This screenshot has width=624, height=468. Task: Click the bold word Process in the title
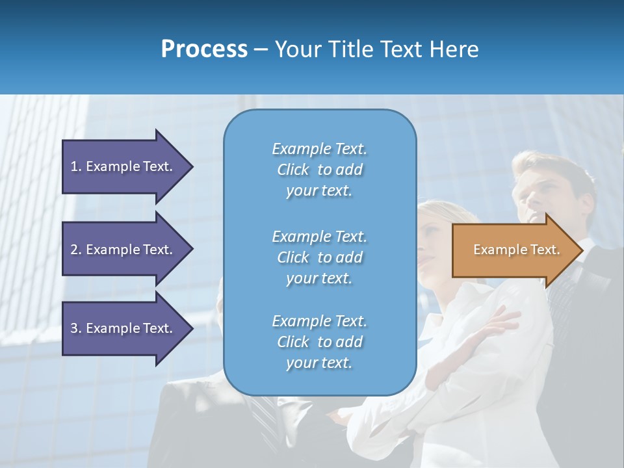point(204,49)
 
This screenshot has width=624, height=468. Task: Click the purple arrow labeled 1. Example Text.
point(123,166)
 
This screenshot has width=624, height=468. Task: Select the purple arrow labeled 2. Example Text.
point(123,250)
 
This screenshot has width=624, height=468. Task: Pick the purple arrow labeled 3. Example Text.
point(123,328)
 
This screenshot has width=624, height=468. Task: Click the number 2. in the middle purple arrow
point(76,250)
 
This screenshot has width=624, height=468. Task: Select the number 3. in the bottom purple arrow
point(76,328)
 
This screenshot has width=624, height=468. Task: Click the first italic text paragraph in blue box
point(319,170)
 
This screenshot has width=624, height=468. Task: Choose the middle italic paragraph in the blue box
point(319,257)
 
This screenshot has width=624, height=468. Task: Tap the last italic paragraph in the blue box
point(319,342)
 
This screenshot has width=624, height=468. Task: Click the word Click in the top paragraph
point(292,170)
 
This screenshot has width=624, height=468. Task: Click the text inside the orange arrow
point(516,250)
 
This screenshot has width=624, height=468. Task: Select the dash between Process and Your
point(261,49)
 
